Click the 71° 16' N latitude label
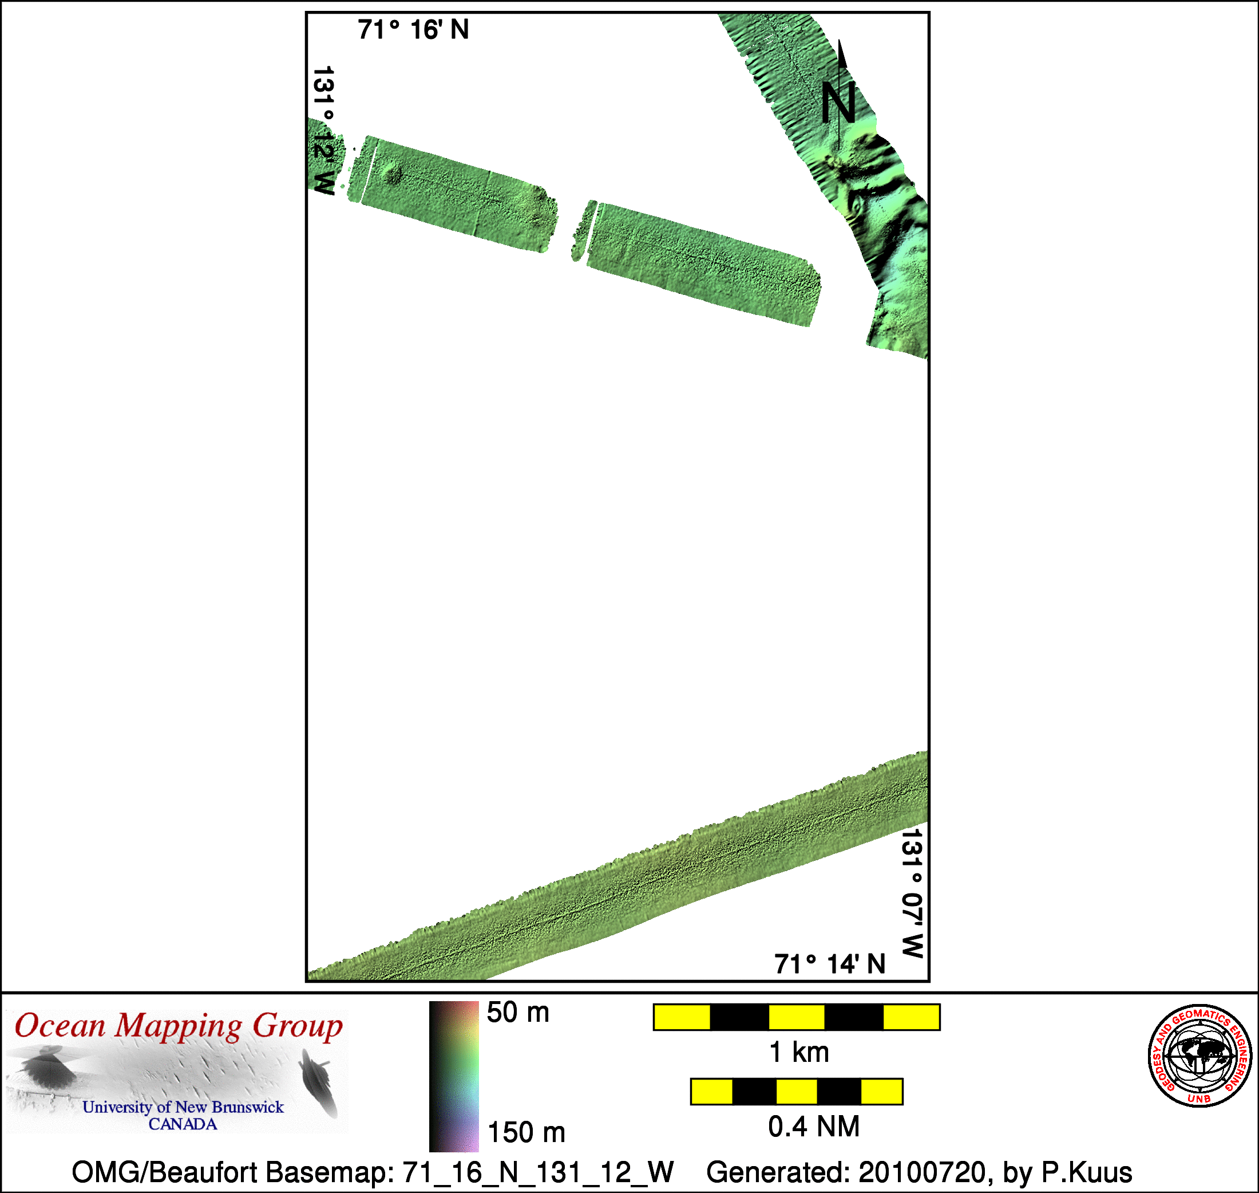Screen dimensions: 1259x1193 coord(413,30)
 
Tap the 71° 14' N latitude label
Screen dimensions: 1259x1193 coord(830,964)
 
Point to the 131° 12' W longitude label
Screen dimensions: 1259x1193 coord(323,131)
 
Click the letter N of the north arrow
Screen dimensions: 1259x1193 coord(838,103)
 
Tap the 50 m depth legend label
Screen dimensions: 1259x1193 coord(518,1013)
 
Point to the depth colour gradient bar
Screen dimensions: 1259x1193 coord(454,1077)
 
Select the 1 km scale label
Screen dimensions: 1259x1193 coord(799,1053)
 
